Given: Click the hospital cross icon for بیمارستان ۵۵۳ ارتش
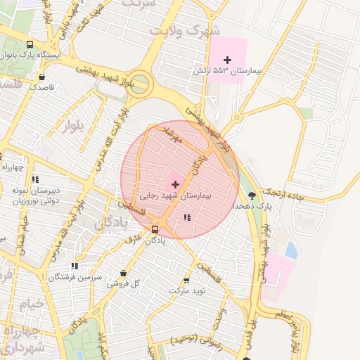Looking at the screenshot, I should click(227, 60).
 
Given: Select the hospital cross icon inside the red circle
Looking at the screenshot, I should click(175, 184).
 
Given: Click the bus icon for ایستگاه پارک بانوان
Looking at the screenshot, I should click(30, 43).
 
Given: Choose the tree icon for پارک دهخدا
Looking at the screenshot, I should click(252, 195).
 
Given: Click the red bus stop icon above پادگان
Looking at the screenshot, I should click(155, 229).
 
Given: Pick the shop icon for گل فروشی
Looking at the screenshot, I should click(124, 274).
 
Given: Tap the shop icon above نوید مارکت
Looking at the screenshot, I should click(186, 279).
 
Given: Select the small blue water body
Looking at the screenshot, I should click(291, 249).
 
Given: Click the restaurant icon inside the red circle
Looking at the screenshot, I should click(186, 218).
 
